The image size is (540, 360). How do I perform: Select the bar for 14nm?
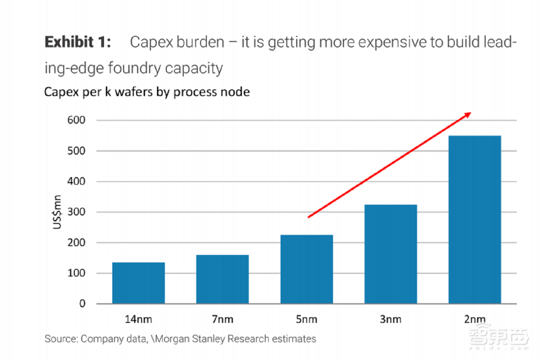[138, 283]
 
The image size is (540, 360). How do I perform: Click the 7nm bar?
[222, 279]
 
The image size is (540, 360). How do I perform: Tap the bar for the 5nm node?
[306, 269]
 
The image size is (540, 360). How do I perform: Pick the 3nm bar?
[390, 254]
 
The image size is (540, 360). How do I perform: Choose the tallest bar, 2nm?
[475, 220]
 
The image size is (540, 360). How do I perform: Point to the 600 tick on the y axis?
[76, 120]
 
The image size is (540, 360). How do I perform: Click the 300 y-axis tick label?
[76, 212]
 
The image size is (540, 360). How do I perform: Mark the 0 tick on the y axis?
[82, 304]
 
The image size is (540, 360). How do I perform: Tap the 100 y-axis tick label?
[76, 273]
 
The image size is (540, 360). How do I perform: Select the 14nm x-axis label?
[138, 318]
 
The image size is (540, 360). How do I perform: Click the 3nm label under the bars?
[390, 318]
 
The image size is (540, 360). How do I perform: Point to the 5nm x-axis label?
[306, 318]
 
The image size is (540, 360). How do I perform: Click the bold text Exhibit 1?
[79, 42]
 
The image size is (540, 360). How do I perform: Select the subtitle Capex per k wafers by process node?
[147, 92]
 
